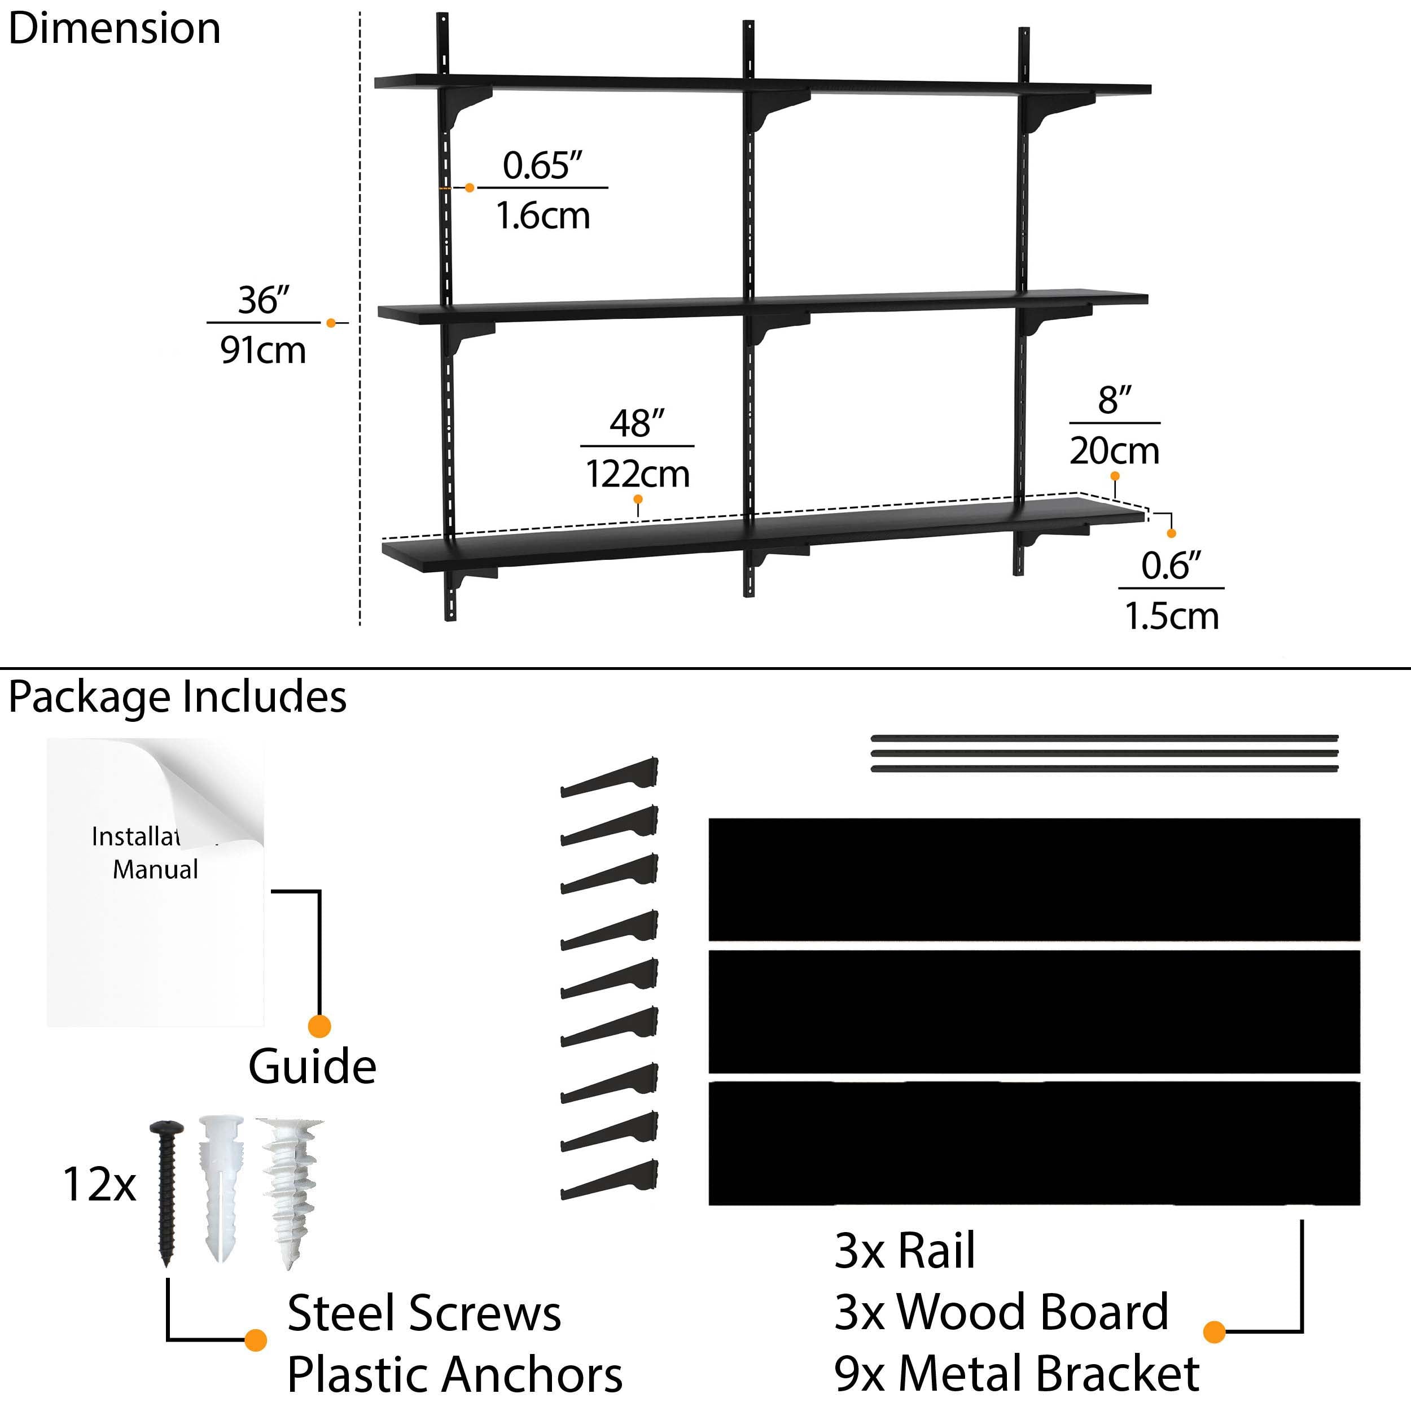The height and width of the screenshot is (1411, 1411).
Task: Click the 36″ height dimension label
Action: coord(264,300)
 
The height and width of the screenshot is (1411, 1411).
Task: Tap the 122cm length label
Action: coord(638,474)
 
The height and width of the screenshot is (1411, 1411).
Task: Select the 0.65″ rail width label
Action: coord(542,166)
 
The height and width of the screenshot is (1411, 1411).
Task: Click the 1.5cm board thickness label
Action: coord(1172,616)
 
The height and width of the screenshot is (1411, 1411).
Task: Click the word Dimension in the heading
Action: coord(114,29)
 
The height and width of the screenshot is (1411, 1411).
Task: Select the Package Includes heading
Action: coord(177,696)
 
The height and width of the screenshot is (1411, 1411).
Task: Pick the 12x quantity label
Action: coord(99,1184)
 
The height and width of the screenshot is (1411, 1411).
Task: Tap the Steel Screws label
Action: coord(424,1313)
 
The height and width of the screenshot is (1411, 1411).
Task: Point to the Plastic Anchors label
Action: coord(454,1374)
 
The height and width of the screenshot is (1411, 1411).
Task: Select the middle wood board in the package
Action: coord(1034,1011)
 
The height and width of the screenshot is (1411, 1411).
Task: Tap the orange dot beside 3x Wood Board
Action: coord(1214,1331)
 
